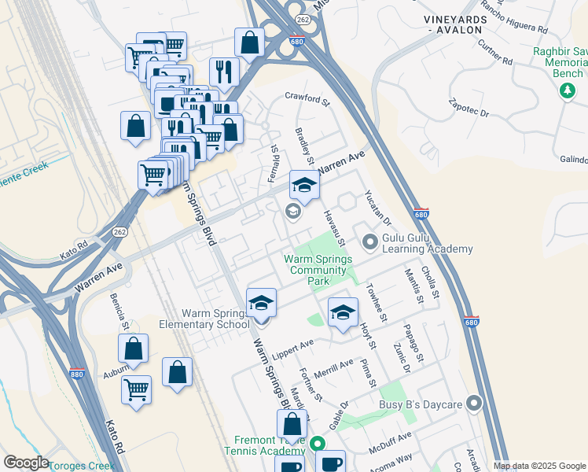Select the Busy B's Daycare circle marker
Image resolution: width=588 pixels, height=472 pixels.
[x=473, y=404]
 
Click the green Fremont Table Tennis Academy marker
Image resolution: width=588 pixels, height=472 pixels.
[x=318, y=444]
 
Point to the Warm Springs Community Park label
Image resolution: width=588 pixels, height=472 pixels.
[x=318, y=270]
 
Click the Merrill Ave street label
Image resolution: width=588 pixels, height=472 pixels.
[x=334, y=367]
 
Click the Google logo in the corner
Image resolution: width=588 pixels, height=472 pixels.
[x=26, y=462]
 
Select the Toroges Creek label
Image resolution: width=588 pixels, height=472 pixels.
[x=82, y=465]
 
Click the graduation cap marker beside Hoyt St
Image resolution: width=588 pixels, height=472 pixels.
[x=343, y=312]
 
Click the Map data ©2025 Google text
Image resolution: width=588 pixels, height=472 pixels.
[x=539, y=466]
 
